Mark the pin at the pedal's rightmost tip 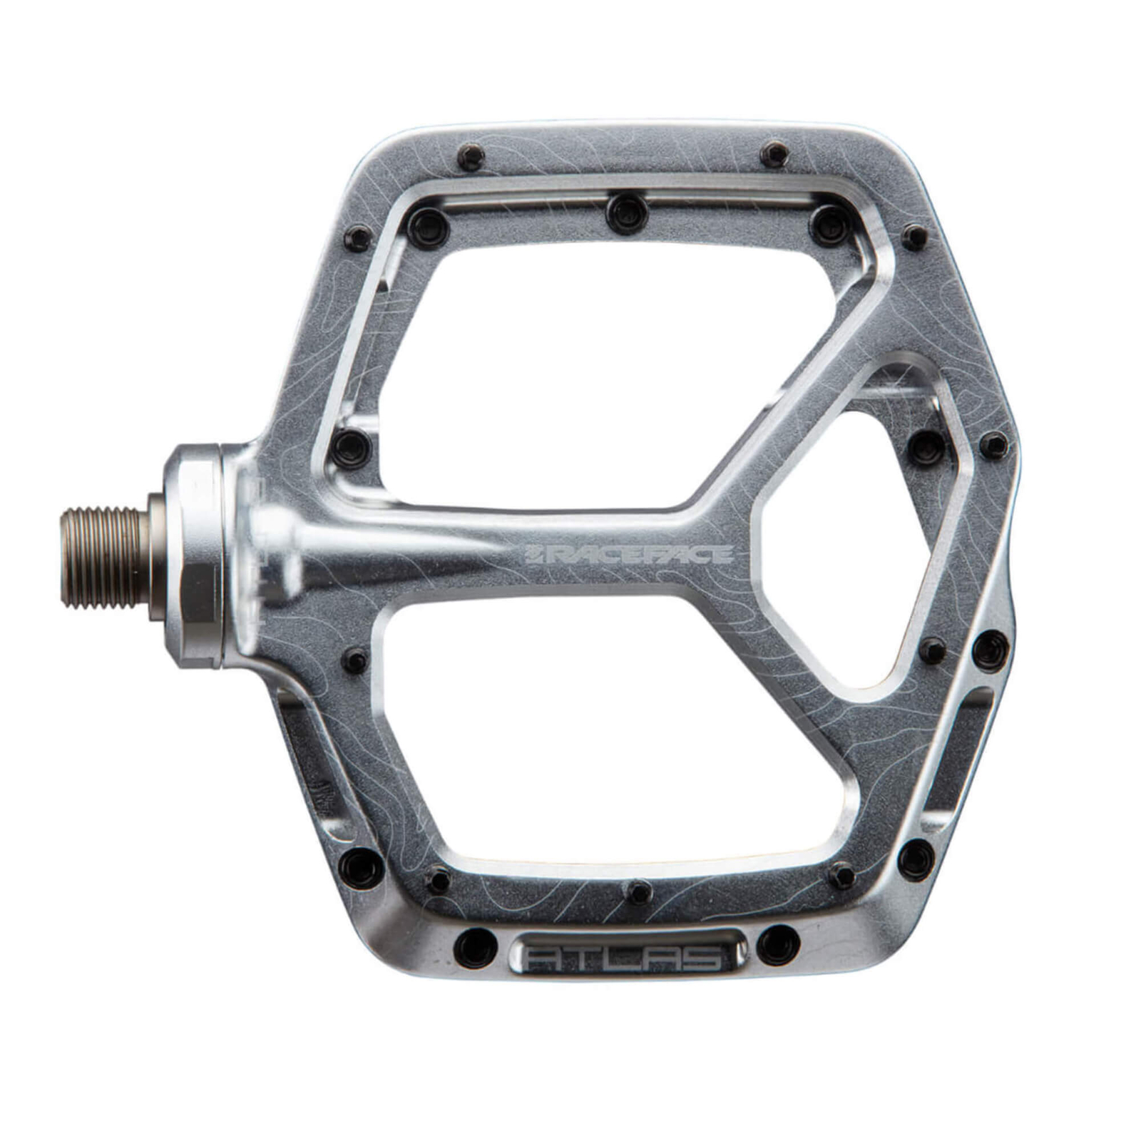point(993,446)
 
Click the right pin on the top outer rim point(774,153)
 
